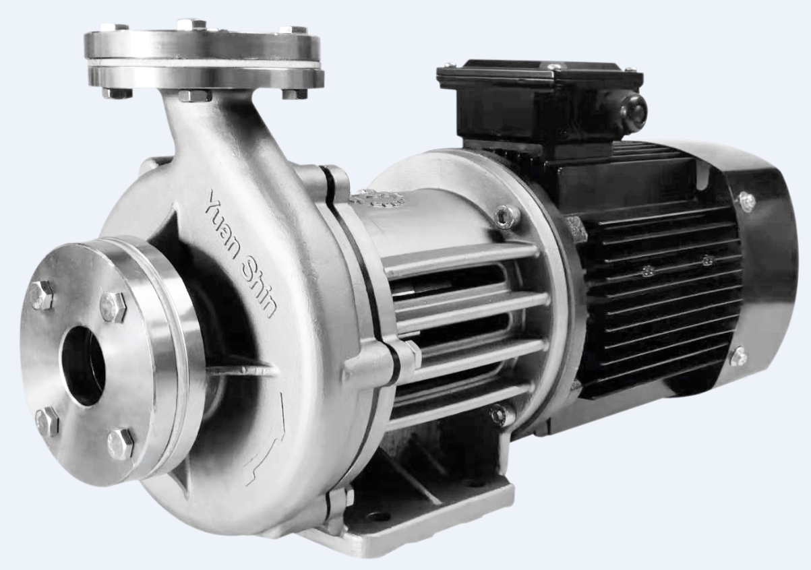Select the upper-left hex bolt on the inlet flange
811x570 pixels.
tap(42, 295)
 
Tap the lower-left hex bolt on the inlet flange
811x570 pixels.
tap(47, 421)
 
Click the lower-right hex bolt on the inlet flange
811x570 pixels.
tap(121, 444)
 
